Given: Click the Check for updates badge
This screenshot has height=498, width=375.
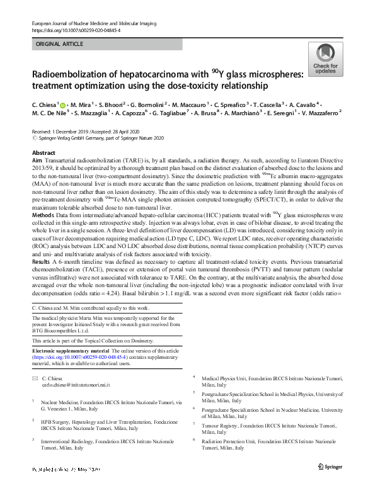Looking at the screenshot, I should click(x=325, y=60).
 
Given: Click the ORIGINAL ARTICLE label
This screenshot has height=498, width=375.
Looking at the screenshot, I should click(x=59, y=45).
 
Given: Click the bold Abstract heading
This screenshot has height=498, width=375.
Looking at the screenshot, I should click(x=43, y=154).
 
